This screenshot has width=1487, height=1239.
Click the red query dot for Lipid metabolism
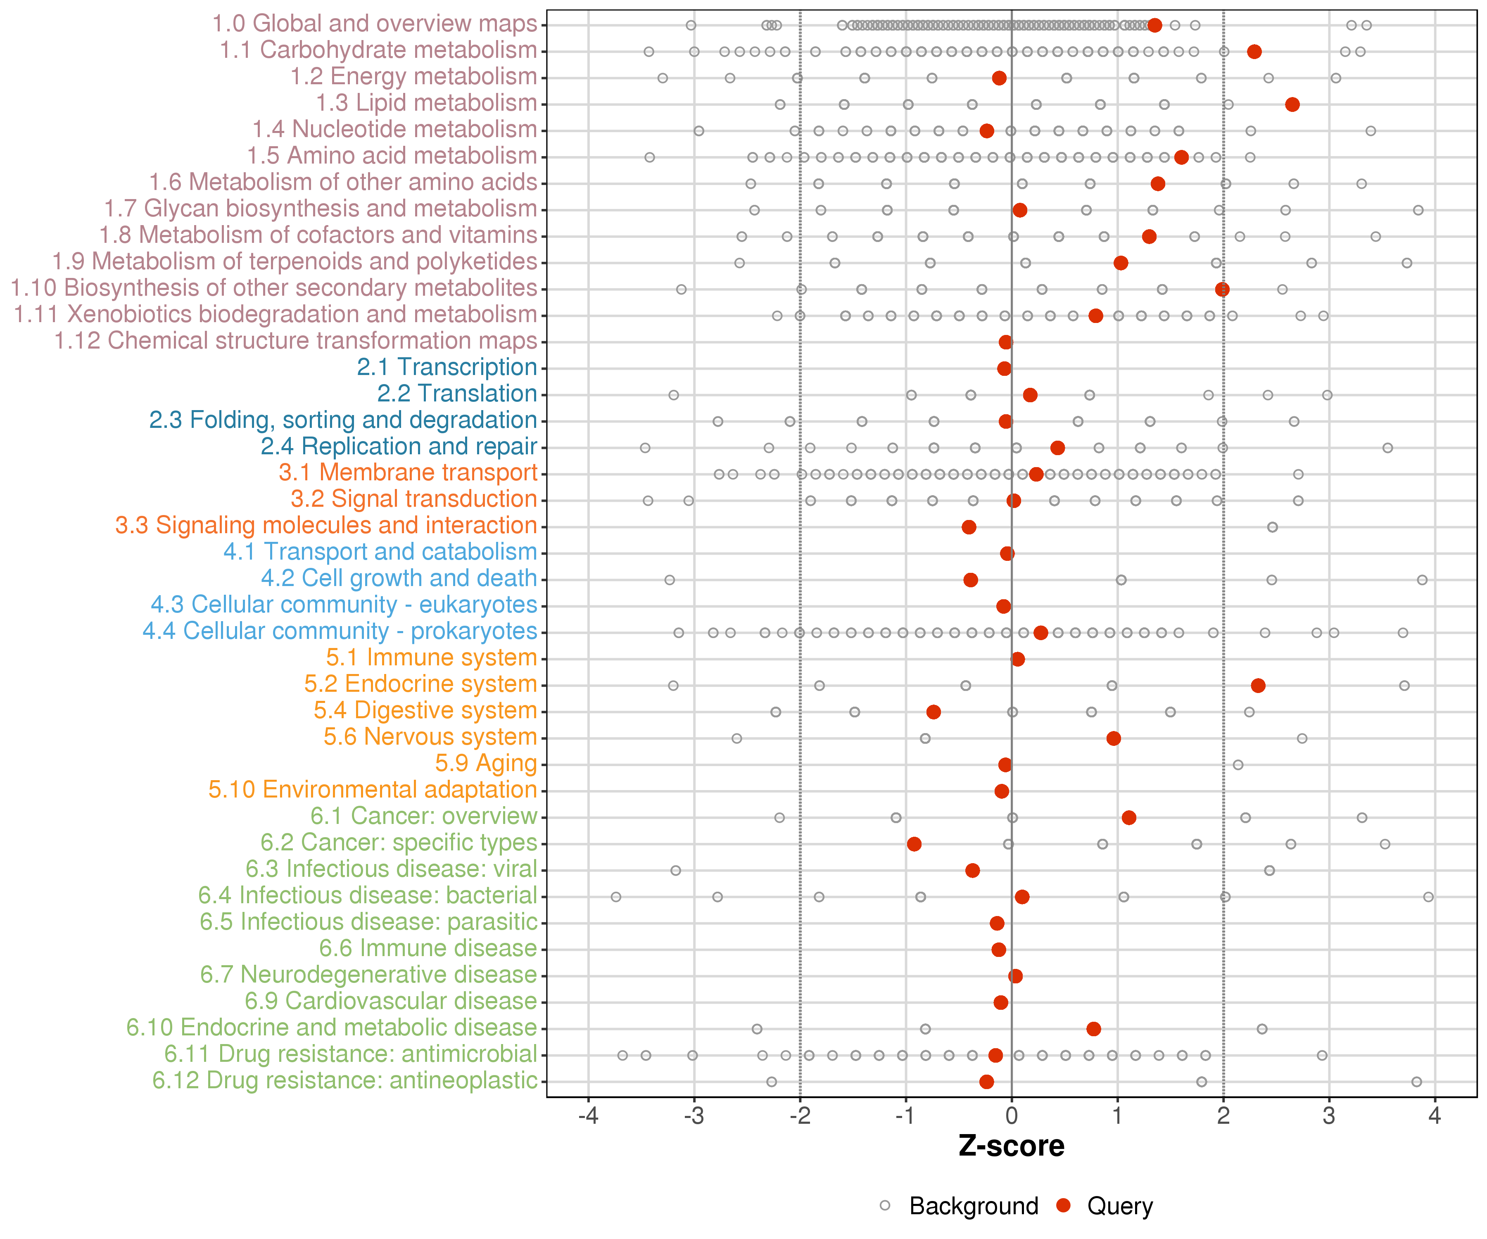[1292, 105]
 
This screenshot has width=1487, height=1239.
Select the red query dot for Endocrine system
[1258, 685]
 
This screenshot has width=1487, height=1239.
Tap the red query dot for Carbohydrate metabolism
[1254, 52]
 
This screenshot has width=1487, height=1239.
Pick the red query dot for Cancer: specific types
[914, 844]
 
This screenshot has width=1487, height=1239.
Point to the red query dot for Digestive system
[933, 712]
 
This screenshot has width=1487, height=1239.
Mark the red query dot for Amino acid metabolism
[1181, 157]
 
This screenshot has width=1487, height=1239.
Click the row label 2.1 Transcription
[447, 367]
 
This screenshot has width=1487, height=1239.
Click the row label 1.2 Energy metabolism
[413, 76]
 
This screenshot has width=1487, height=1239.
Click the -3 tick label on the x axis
[694, 1116]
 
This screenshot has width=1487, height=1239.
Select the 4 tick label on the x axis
[1435, 1116]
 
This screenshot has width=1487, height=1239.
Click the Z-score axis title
[1011, 1146]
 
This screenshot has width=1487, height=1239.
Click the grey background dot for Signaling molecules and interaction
[1273, 527]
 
